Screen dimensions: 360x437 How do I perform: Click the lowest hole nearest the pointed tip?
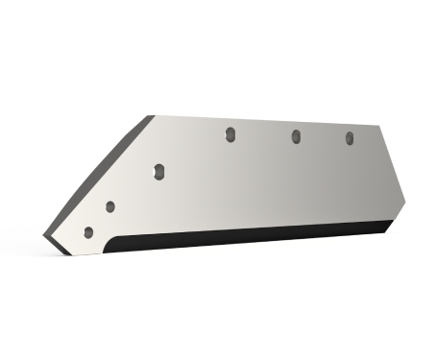tap(89, 232)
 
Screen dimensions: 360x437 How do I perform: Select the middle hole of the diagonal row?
tap(110, 206)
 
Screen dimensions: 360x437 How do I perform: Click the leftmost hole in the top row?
tap(230, 135)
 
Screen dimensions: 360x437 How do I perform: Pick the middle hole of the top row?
tap(296, 137)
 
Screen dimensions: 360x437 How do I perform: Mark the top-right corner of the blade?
tap(376, 131)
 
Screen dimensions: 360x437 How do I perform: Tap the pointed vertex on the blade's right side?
tap(406, 204)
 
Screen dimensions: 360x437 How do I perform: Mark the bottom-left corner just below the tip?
tap(67, 254)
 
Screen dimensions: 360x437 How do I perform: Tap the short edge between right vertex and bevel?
tap(400, 215)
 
